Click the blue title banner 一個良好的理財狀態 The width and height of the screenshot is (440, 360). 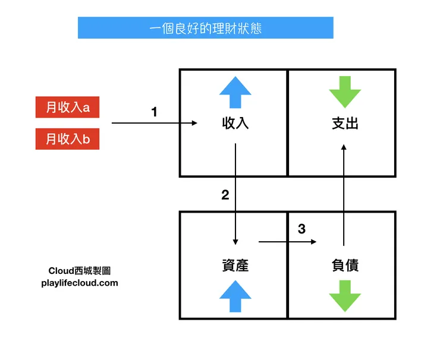[205, 28]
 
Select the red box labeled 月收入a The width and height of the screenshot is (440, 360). [67, 108]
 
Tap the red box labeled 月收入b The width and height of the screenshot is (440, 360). [67, 140]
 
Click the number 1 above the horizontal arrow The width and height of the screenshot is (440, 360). [155, 111]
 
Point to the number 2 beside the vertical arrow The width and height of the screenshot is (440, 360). [225, 195]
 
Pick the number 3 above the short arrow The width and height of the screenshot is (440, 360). [301, 229]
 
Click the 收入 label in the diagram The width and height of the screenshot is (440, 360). [235, 124]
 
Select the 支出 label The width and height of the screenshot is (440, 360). [345, 124]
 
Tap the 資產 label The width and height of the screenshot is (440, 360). [235, 266]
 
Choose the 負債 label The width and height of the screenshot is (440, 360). [345, 266]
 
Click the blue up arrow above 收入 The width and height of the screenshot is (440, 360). [235, 92]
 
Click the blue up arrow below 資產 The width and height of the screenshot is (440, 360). [235, 296]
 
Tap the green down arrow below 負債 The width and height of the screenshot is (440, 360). [345, 296]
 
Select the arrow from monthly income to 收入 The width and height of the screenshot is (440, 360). [155, 124]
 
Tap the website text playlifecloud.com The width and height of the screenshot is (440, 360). [80, 283]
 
